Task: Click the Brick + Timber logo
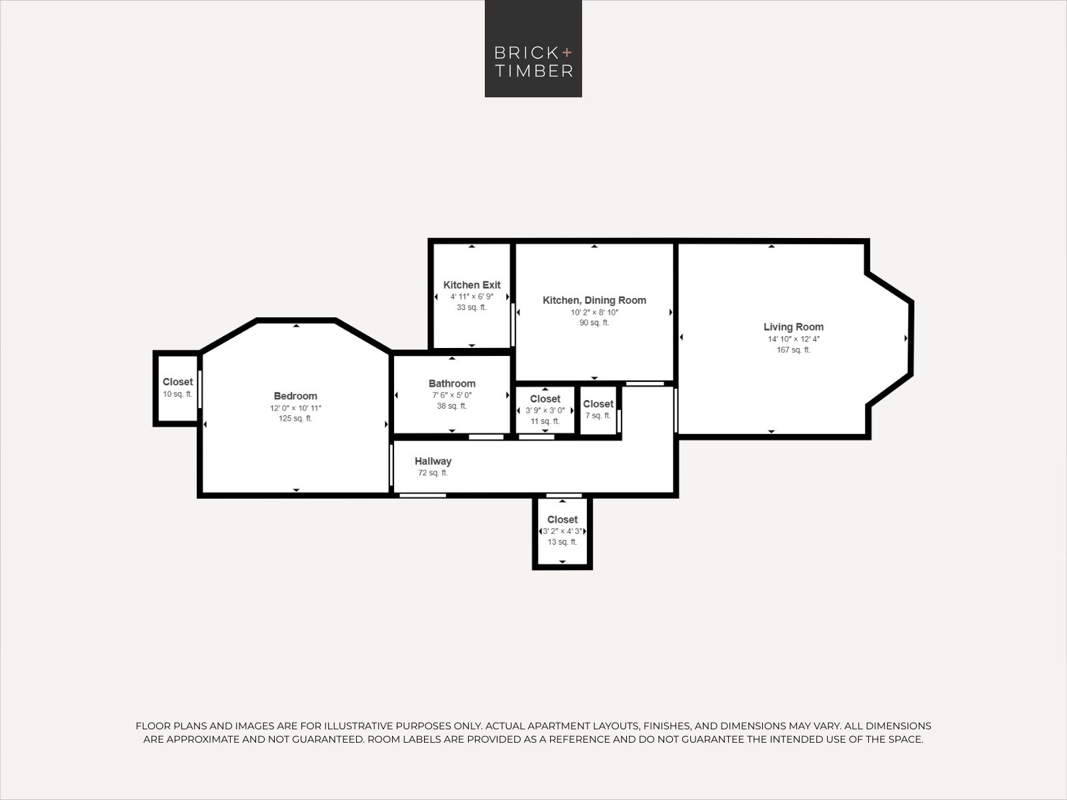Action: tap(533, 49)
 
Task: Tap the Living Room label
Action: tap(794, 327)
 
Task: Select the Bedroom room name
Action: tap(295, 396)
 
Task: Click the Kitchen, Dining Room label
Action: tap(594, 300)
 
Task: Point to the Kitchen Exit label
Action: tap(471, 285)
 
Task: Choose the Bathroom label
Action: tap(451, 383)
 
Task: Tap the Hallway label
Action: tap(433, 461)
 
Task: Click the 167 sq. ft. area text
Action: tap(794, 350)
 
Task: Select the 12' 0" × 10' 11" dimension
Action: tap(295, 408)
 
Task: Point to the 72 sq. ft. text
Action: tap(433, 473)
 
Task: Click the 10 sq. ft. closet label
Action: tap(177, 394)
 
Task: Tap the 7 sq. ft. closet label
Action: tap(598, 415)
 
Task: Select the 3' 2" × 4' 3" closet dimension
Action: tap(562, 531)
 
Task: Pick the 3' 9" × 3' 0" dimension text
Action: tap(545, 411)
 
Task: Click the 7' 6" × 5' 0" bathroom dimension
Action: tap(451, 395)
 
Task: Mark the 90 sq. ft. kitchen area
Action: tap(594, 323)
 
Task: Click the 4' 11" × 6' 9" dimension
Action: tap(471, 296)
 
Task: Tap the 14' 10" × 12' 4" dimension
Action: tap(794, 339)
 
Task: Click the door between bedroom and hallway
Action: tap(391, 465)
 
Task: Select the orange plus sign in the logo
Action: tap(567, 52)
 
